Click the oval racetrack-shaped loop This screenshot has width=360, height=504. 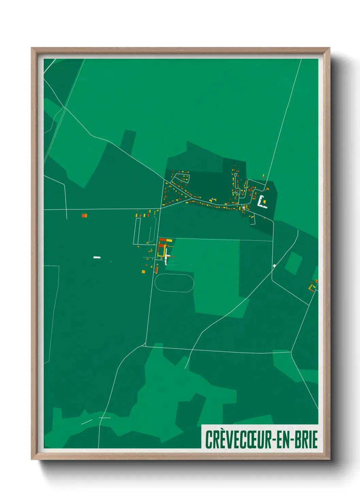click(x=174, y=283)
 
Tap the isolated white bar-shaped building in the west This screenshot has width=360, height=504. click(x=97, y=257)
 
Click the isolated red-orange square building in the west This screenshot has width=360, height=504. click(x=84, y=216)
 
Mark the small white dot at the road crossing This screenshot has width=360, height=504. click(x=274, y=266)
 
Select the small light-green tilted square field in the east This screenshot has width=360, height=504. click(x=293, y=263)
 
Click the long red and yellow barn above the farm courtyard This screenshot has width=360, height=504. click(x=166, y=240)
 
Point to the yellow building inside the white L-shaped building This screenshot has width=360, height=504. click(x=264, y=202)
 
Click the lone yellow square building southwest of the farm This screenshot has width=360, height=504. click(x=144, y=271)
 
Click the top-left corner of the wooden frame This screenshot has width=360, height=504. click(x=32, y=48)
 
